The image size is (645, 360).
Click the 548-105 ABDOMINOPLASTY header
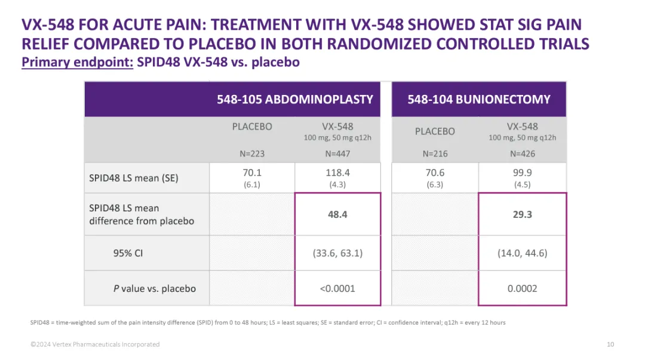click(295, 99)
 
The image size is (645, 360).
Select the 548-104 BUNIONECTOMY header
click(479, 99)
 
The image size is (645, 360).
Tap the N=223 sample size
click(252, 153)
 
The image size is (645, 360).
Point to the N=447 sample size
click(337, 153)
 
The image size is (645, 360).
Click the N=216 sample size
click(435, 153)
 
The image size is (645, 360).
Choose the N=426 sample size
click(522, 153)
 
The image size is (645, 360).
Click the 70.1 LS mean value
click(252, 173)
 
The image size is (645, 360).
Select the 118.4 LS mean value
click(337, 173)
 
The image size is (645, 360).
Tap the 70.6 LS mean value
click(435, 173)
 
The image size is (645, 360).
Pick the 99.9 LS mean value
click(522, 173)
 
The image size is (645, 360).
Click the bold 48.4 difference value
click(337, 214)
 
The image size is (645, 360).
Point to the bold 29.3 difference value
click(522, 214)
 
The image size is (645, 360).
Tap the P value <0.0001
click(337, 288)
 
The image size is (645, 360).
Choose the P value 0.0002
click(522, 288)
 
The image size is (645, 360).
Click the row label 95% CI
click(128, 253)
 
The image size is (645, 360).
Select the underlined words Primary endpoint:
click(77, 62)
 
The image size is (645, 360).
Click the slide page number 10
click(610, 344)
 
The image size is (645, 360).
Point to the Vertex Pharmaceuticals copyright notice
click(96, 344)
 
